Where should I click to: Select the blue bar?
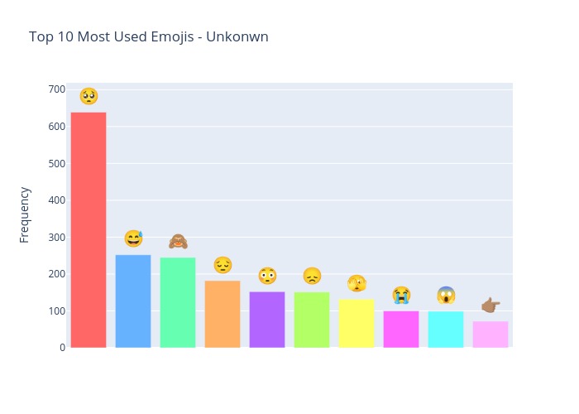pos(133,301)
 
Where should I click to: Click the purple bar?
pos(267,320)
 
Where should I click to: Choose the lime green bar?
pos(312,320)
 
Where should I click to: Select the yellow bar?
pos(356,324)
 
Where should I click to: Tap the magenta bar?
pos(401,330)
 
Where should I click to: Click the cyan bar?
pos(446,330)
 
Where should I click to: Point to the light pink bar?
pos(490,335)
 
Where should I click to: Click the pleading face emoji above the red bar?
pos(89,96)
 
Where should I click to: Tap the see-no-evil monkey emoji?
pos(178,241)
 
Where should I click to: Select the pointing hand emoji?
pos(490,305)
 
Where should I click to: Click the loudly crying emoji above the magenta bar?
pos(401,294)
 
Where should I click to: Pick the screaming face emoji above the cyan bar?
pos(446,294)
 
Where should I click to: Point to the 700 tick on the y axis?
pos(56,89)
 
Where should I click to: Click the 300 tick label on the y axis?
pos(56,238)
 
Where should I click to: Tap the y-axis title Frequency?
pos(25,214)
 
